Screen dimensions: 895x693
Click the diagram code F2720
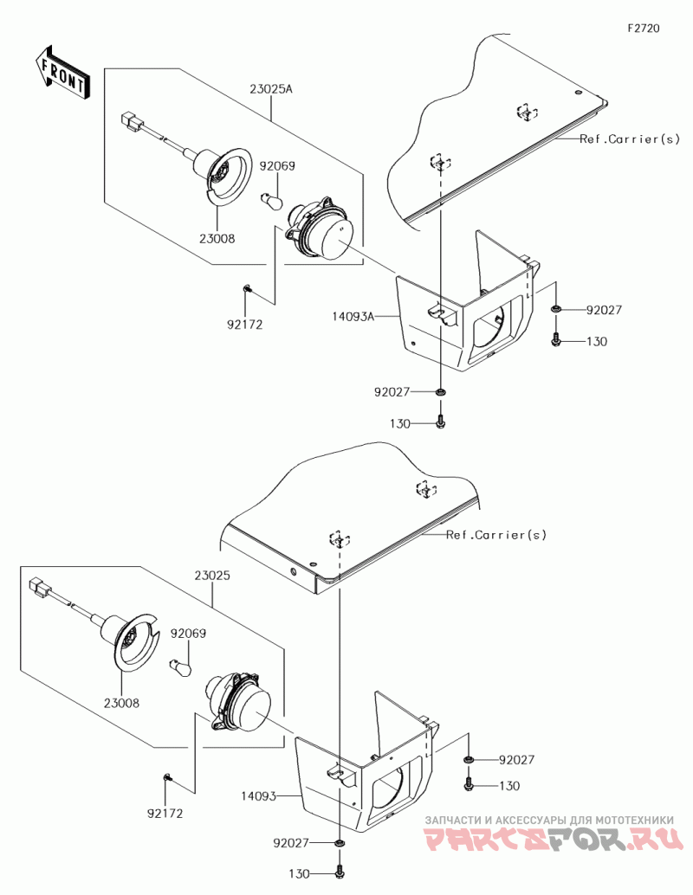(644, 29)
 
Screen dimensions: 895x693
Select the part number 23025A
(271, 88)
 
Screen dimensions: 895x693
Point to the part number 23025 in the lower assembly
(211, 575)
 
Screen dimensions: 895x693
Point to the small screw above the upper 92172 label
(247, 288)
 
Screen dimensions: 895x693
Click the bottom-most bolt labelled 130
(339, 873)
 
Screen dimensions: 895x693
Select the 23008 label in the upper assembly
(217, 237)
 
